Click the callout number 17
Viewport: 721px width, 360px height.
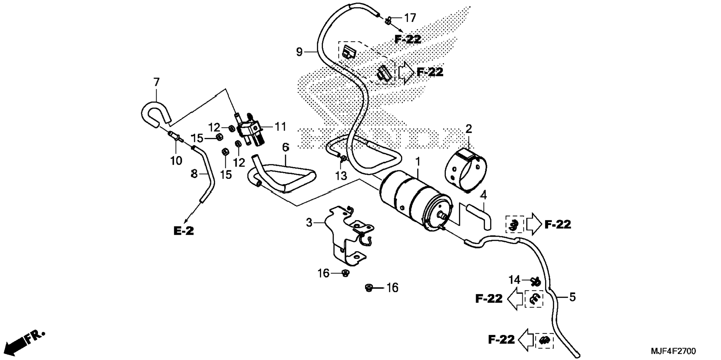(x=410, y=18)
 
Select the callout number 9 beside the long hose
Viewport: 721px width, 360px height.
(x=299, y=52)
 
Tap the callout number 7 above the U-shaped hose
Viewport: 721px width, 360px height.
(x=156, y=82)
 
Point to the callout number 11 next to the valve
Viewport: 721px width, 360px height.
(x=280, y=127)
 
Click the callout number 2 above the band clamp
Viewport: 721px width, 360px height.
(x=469, y=129)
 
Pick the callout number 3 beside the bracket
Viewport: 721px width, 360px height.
(x=309, y=223)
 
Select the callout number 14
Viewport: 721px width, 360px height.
(x=514, y=280)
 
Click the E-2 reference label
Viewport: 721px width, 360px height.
(x=184, y=231)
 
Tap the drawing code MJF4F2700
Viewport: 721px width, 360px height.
(x=673, y=351)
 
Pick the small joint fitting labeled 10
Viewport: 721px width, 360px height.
(x=176, y=137)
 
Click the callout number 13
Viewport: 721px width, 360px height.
(x=341, y=176)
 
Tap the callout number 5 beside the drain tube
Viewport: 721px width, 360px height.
(x=573, y=297)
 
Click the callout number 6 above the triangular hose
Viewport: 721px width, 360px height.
(x=286, y=148)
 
